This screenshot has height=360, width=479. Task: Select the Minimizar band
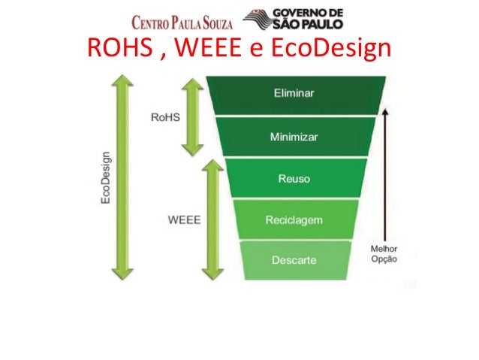tap(293, 138)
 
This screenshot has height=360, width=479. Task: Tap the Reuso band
tap(293, 179)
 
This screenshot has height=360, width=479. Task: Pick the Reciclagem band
tap(294, 219)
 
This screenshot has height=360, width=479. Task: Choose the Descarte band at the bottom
tap(294, 261)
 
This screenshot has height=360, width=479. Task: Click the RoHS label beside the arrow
tap(165, 118)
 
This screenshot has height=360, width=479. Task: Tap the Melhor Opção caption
tap(385, 253)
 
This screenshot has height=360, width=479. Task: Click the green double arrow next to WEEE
tap(212, 218)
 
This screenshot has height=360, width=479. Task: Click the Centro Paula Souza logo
tap(182, 20)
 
